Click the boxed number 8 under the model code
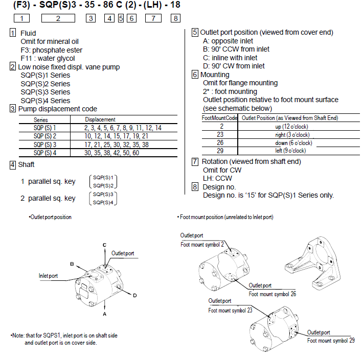pyautogui.click(x=175, y=18)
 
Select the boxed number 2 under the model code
pyautogui.click(x=58, y=18)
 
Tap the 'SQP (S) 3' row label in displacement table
pyautogui.click(x=44, y=145)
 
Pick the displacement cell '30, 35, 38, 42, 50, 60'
pyautogui.click(x=111, y=153)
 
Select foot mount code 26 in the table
pyautogui.click(x=220, y=143)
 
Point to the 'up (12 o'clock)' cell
pyautogui.click(x=292, y=126)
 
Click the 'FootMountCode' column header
pyautogui.click(x=220, y=118)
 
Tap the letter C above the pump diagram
pyautogui.click(x=105, y=245)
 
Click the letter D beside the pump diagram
pyautogui.click(x=135, y=295)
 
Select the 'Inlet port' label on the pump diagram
pyautogui.click(x=48, y=276)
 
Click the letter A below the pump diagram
pyautogui.click(x=105, y=307)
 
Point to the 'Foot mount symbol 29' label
pyautogui.click(x=330, y=341)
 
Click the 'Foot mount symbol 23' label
pyautogui.click(x=230, y=310)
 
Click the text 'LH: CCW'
pyautogui.click(x=217, y=178)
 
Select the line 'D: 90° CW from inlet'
pyautogui.click(x=234, y=66)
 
